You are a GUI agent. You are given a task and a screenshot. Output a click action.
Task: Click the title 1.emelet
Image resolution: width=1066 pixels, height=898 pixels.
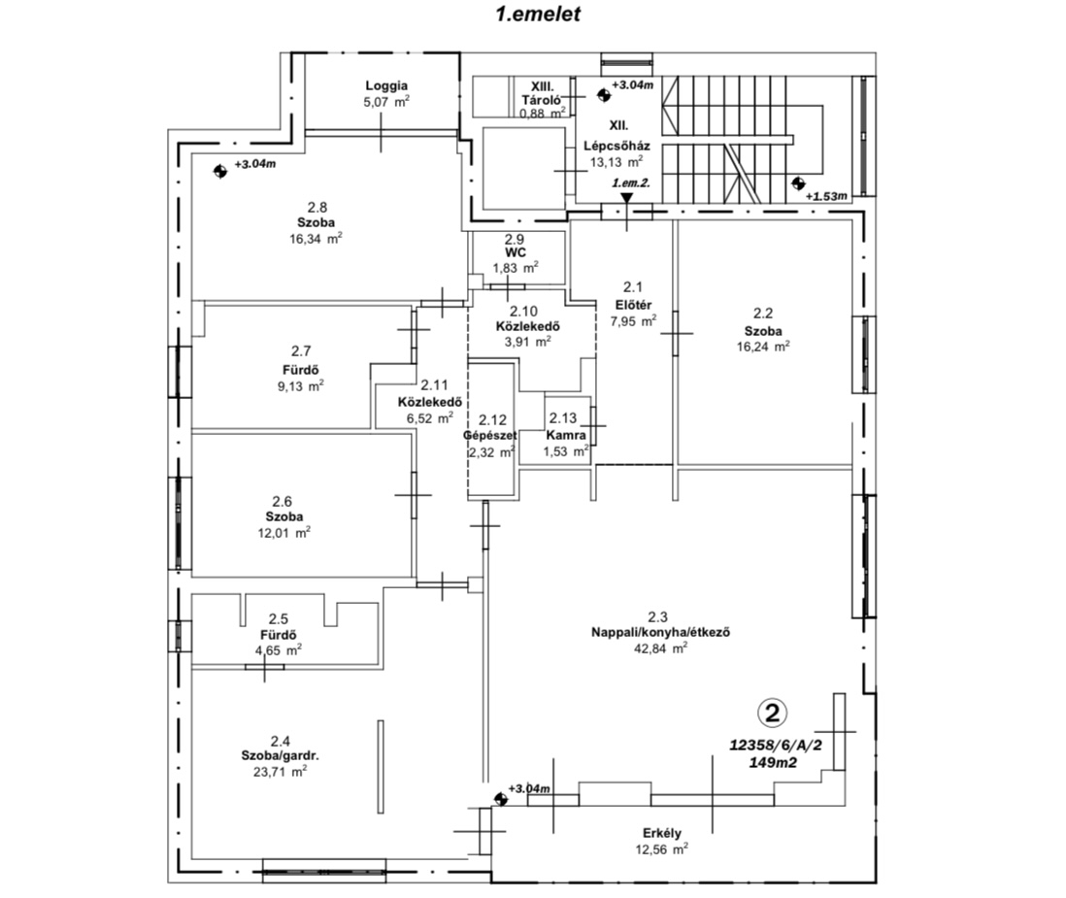tap(539, 15)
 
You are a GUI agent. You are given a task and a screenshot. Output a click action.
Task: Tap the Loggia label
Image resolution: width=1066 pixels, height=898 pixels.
tap(386, 85)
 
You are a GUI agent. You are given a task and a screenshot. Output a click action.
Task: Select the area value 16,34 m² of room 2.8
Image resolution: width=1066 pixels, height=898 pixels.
tap(316, 239)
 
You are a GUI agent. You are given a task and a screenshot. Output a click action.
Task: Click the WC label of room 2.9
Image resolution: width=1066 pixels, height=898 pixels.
tap(516, 252)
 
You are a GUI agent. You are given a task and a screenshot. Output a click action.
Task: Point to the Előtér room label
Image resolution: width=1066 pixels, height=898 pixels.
tap(634, 305)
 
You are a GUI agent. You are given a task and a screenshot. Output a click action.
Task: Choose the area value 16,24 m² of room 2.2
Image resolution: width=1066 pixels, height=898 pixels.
tap(763, 346)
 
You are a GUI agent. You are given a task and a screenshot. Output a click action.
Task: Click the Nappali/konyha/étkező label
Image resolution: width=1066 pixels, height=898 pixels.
tap(661, 632)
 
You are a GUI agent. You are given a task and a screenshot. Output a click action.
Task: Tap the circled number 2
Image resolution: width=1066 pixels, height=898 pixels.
tap(772, 713)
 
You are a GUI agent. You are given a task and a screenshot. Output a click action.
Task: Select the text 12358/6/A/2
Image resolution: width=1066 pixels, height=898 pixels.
tap(776, 745)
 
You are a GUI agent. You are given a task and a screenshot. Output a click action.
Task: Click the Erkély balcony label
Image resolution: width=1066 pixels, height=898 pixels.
tap(662, 833)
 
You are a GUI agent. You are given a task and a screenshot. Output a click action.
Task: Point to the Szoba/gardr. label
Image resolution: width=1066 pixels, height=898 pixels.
tap(281, 755)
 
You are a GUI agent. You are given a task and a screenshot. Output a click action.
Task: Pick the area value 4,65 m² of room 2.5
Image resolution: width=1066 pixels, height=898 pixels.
tap(278, 650)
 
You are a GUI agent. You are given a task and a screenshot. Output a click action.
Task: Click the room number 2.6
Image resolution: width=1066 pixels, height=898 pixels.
tap(283, 502)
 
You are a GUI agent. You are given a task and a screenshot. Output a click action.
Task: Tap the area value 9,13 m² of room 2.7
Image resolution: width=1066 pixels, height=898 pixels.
tap(296, 386)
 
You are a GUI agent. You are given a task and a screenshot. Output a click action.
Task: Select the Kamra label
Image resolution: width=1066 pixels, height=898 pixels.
tap(566, 435)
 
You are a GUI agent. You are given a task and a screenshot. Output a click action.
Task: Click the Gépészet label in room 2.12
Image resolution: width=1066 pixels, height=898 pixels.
tap(490, 435)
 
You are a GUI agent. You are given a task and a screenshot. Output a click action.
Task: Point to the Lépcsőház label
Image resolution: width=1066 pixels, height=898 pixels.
tap(616, 146)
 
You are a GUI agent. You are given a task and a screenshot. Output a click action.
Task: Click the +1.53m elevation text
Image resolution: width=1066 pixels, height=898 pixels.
tap(827, 196)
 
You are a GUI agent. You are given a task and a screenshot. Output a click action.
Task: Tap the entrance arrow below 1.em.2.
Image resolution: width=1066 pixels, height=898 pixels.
tap(627, 198)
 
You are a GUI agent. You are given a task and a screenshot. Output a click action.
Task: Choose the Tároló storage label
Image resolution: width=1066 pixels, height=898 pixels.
tap(541, 100)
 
